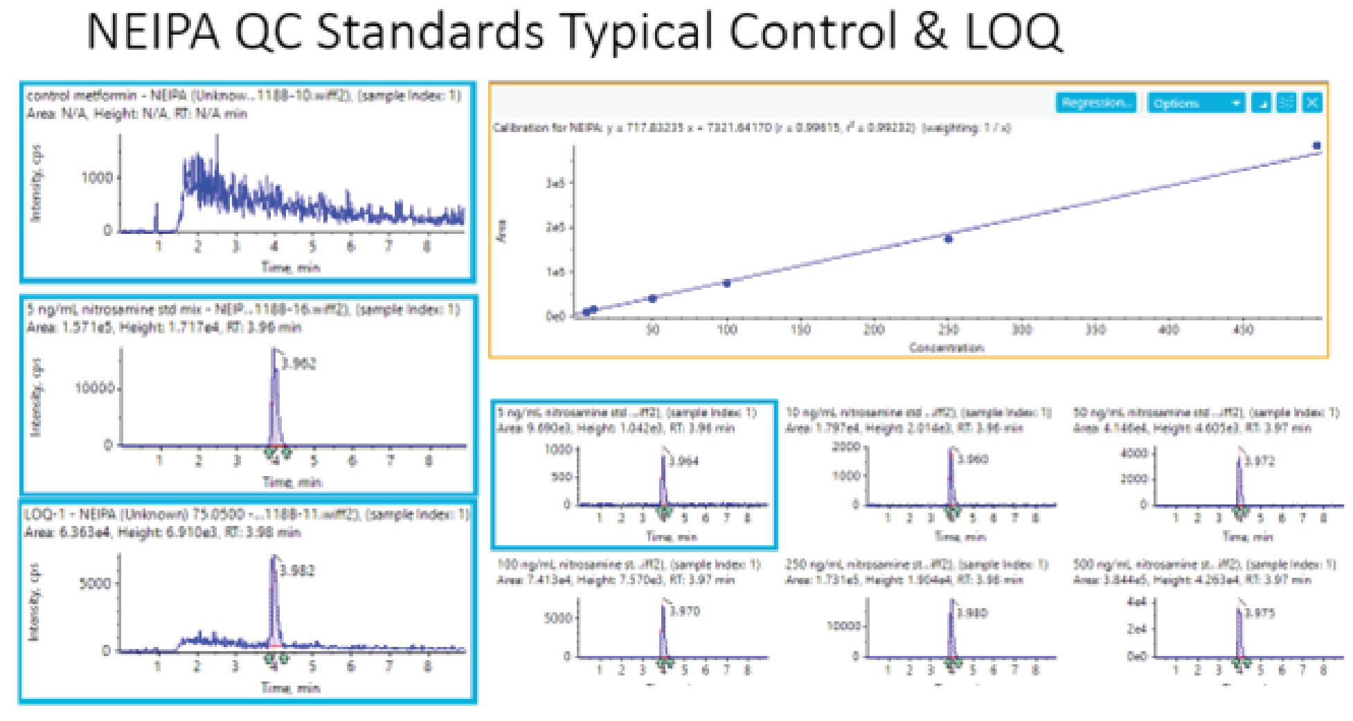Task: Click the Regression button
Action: pyautogui.click(x=1095, y=103)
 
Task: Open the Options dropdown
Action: pyautogui.click(x=1195, y=103)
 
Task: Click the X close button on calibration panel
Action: pyautogui.click(x=1312, y=103)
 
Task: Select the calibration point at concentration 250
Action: pyautogui.click(x=949, y=239)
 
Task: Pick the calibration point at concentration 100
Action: pyautogui.click(x=726, y=283)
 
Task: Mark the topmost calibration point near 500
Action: pyautogui.click(x=1316, y=145)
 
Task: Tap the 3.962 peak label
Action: pyautogui.click(x=298, y=363)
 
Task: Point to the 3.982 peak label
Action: pyautogui.click(x=298, y=570)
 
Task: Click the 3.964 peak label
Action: pyautogui.click(x=684, y=461)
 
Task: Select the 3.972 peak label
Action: pyautogui.click(x=1260, y=461)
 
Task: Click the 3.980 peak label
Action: pyautogui.click(x=972, y=613)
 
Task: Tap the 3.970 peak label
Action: pyautogui.click(x=685, y=611)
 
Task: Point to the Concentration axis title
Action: pyautogui.click(x=946, y=347)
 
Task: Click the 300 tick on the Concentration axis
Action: pyautogui.click(x=1022, y=330)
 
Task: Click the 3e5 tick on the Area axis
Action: pyautogui.click(x=555, y=183)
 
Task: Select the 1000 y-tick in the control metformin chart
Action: pyautogui.click(x=97, y=178)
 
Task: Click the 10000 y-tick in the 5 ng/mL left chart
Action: pyautogui.click(x=95, y=387)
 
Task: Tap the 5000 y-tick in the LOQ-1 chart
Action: pyautogui.click(x=95, y=583)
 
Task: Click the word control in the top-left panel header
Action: pyautogui.click(x=48, y=95)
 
